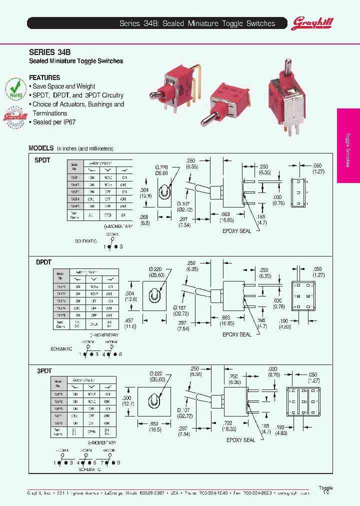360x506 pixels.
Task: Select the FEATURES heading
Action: [x=44, y=77]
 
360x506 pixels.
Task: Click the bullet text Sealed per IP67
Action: [x=55, y=122]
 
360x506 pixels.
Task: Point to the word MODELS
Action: [x=41, y=148]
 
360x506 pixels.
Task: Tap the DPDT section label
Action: [x=43, y=262]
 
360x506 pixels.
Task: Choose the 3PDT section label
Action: [x=43, y=370]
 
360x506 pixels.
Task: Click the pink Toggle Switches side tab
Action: [x=348, y=145]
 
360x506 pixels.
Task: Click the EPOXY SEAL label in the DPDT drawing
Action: [x=237, y=334]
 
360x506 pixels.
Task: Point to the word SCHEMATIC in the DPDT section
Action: [x=61, y=348]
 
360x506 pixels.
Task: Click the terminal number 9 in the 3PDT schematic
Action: [x=119, y=463]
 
